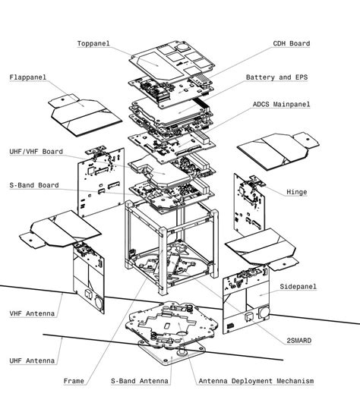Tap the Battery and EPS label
(x=278, y=77)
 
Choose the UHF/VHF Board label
(x=36, y=152)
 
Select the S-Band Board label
(x=34, y=185)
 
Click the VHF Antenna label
(x=30, y=313)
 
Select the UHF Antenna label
(x=30, y=360)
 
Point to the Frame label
(x=74, y=381)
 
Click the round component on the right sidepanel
(x=264, y=311)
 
